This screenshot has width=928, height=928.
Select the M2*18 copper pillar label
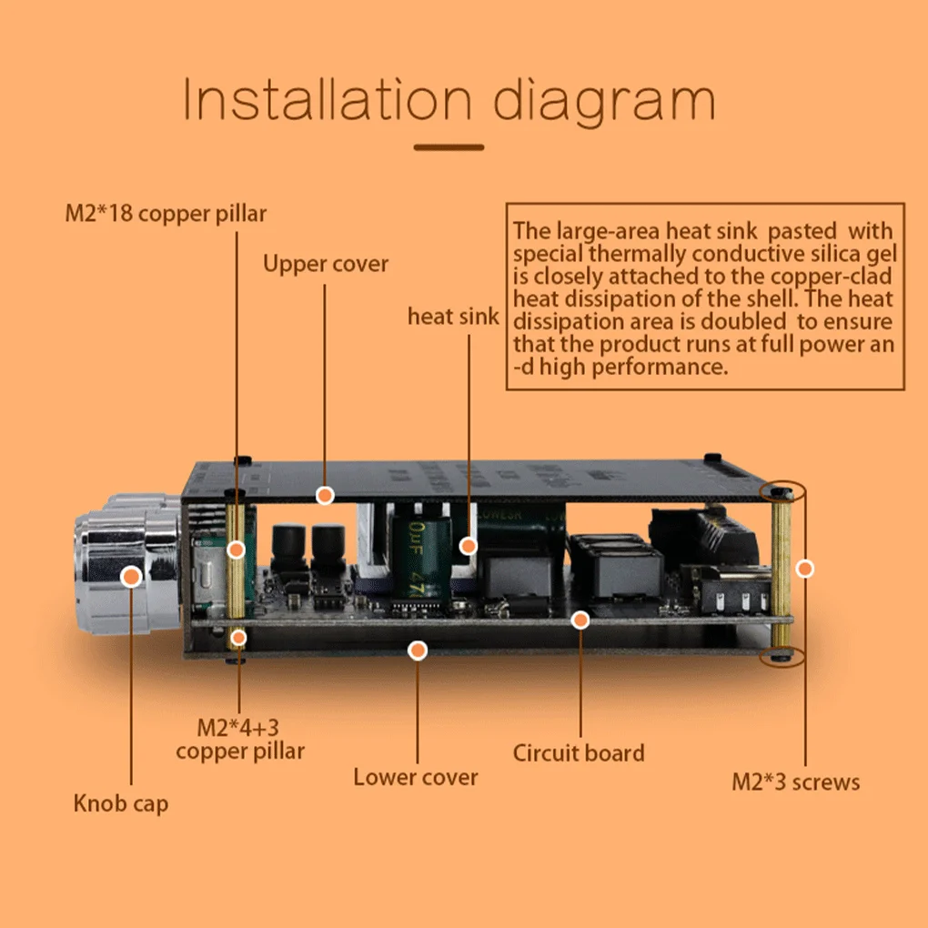point(166,214)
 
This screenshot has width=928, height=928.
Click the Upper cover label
point(326,264)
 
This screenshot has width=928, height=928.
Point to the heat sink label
point(453,317)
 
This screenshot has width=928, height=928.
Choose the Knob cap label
point(121,803)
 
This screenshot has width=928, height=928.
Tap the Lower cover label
point(416,777)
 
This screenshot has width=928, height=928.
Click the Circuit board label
point(579,753)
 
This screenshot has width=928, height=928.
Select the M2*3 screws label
point(796,782)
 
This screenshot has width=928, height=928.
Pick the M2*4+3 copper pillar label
point(239,739)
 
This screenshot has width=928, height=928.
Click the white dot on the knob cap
point(132,576)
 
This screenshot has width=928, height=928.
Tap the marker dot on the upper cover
point(325,495)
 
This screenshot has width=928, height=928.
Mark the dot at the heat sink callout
point(469,546)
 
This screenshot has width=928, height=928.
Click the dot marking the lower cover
point(418,651)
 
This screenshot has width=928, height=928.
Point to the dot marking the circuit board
point(580,620)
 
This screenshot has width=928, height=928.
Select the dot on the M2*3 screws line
point(804,569)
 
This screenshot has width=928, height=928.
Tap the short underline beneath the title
point(449,146)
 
